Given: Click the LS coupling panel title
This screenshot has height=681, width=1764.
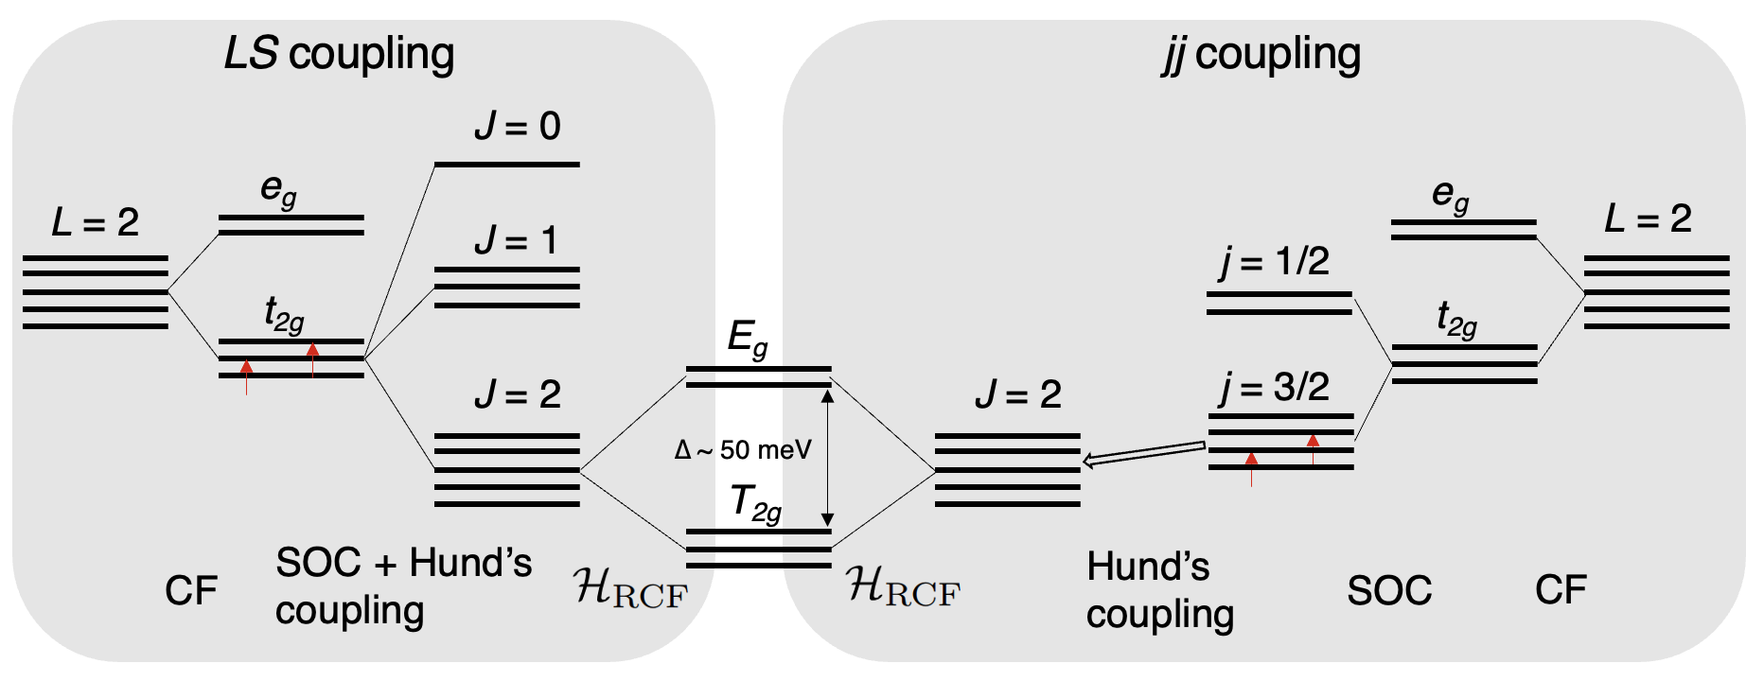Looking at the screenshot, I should click(339, 54).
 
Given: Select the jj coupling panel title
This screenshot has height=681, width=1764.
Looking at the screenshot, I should click(1261, 54).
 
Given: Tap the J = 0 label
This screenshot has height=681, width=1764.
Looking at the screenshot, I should click(518, 126).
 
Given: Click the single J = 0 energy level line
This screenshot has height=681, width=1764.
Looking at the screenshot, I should click(506, 165).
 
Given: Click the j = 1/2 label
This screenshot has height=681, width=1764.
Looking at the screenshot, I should click(1274, 262).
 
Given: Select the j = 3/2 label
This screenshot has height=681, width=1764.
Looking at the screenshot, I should click(1274, 387).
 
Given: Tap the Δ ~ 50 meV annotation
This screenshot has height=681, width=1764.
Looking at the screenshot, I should click(743, 450).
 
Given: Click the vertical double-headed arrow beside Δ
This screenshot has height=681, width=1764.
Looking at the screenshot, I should click(827, 458).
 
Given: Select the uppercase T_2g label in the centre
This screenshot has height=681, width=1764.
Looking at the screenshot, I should click(756, 503).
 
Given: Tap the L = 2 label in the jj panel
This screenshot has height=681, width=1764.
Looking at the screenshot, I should click(1648, 219).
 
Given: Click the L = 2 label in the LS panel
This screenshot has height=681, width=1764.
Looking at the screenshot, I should click(95, 223).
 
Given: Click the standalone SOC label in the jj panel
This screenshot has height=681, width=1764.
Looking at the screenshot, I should click(1389, 591).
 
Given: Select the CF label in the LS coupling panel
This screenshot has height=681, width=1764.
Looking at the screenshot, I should click(191, 591).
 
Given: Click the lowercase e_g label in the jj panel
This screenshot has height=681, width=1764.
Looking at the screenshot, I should click(1451, 195).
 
